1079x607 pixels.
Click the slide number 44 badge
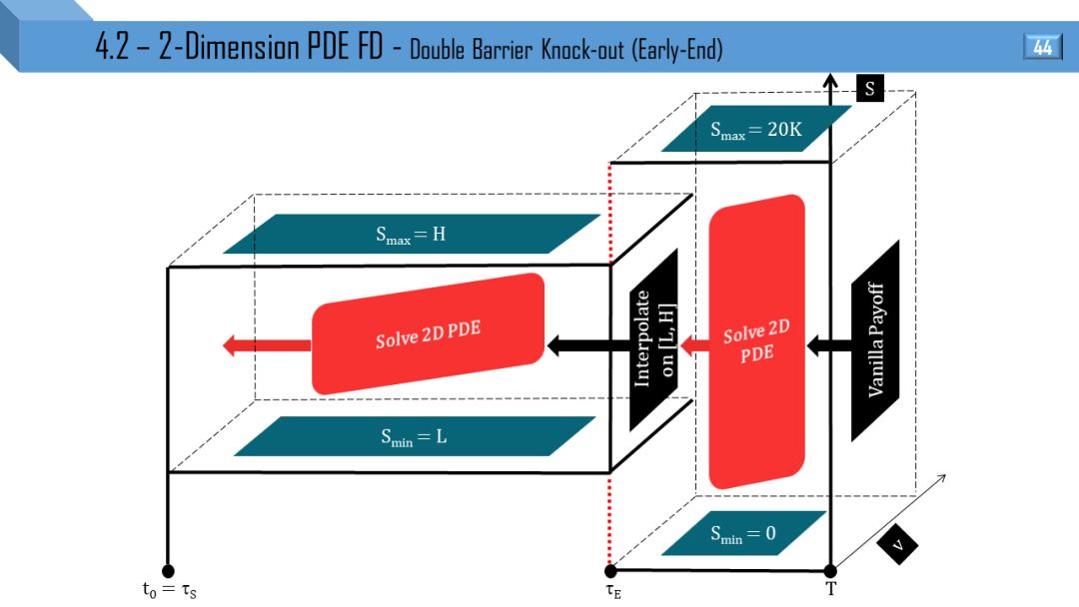point(1042,47)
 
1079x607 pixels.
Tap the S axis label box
point(869,89)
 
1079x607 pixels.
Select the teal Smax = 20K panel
point(756,129)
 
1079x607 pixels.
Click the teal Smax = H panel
point(411,235)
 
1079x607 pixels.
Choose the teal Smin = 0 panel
point(743,533)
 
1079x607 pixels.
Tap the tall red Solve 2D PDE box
point(756,341)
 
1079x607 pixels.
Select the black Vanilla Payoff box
point(875,339)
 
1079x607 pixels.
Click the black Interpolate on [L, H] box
point(653,339)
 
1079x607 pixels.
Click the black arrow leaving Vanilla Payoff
point(828,345)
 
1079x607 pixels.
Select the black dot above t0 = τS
point(167,570)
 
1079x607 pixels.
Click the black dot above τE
point(610,570)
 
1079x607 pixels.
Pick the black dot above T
point(830,570)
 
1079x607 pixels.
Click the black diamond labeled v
point(897,544)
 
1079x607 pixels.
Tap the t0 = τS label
point(176,590)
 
